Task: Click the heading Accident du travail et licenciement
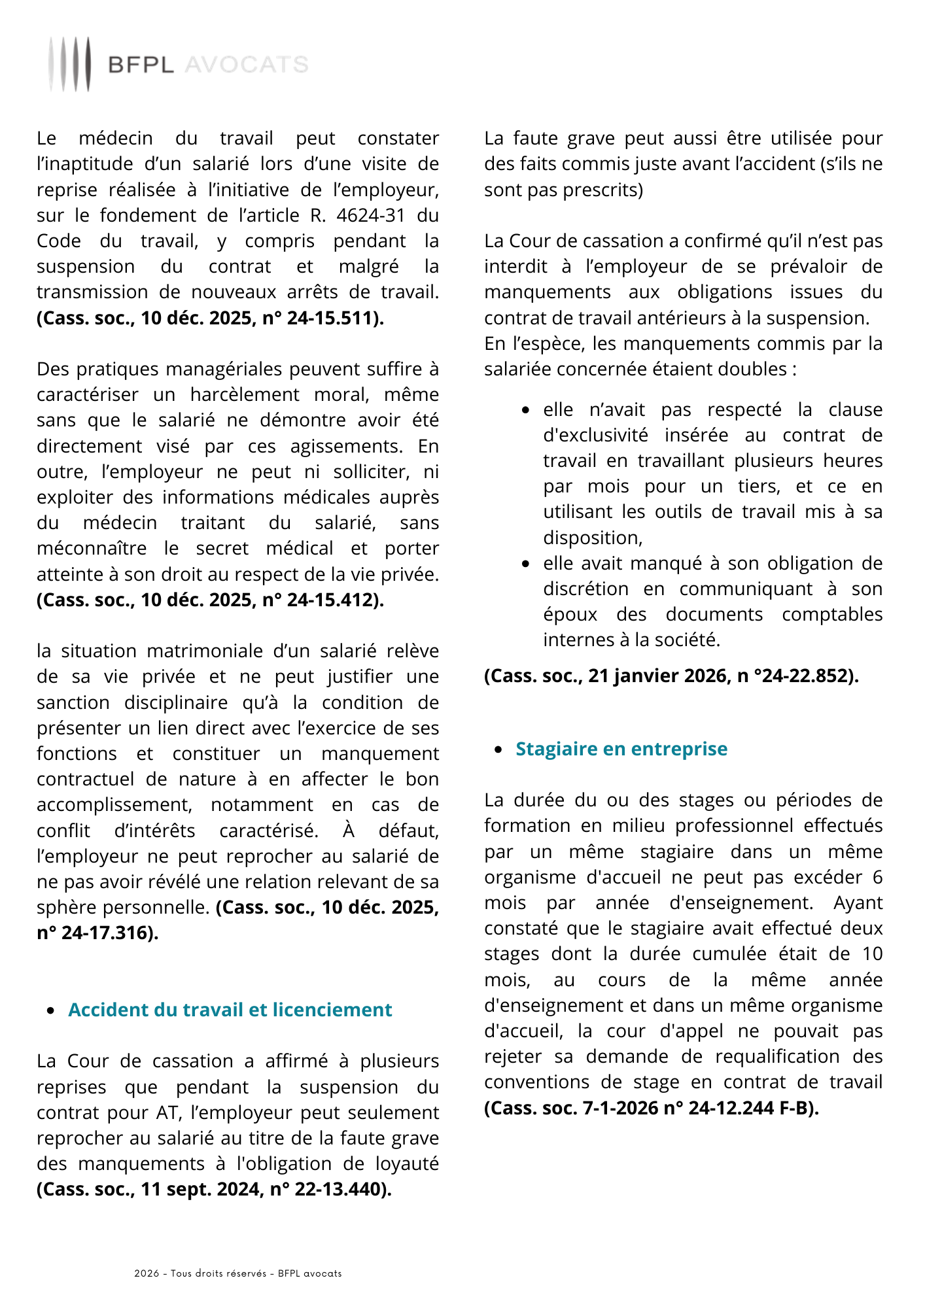(x=230, y=1010)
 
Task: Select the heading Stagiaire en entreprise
(x=621, y=749)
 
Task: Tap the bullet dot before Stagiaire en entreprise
(x=499, y=749)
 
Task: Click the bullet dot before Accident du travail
(x=52, y=1010)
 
